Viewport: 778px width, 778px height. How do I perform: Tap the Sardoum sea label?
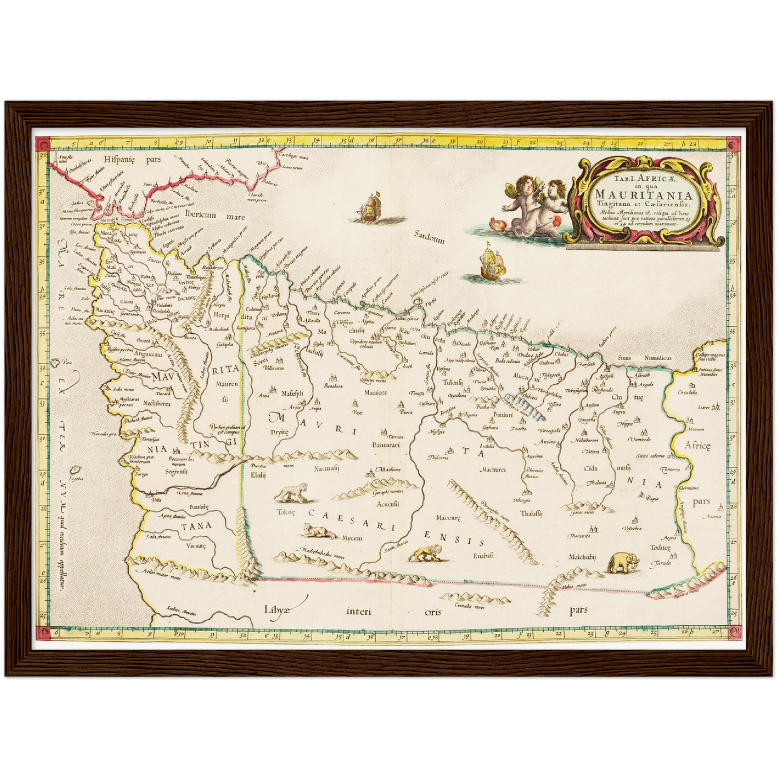(x=430, y=237)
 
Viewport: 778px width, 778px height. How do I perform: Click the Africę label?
(x=698, y=445)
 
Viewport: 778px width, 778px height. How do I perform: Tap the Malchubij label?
(x=584, y=558)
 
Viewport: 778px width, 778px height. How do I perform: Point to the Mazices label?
(x=375, y=392)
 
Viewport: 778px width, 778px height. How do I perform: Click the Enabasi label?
(x=483, y=555)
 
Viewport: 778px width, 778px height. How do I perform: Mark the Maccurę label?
(x=448, y=518)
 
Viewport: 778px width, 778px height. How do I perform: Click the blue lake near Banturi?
(x=525, y=405)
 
